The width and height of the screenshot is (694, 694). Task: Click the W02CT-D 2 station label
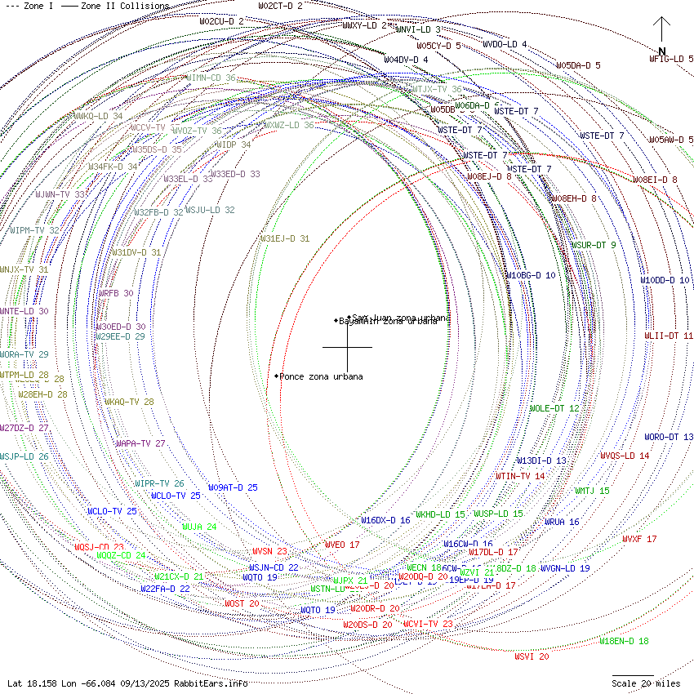(x=280, y=6)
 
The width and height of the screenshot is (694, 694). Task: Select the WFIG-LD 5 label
(x=671, y=59)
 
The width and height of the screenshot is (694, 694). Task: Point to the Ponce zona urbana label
(x=321, y=376)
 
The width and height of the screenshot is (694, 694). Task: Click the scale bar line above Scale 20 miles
(x=633, y=675)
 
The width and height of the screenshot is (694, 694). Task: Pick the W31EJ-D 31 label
(x=285, y=238)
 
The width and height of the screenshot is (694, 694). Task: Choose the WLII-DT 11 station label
(x=668, y=336)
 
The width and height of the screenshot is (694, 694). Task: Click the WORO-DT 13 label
(x=668, y=437)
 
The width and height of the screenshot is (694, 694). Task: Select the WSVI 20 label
(x=532, y=656)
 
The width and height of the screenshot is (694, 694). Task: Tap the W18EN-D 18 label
(x=624, y=642)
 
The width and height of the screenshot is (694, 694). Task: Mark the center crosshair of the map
(x=347, y=347)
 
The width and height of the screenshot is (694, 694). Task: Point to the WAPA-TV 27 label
(x=140, y=443)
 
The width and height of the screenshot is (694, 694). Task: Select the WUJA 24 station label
(x=199, y=527)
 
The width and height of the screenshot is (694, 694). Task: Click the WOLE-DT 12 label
(x=554, y=408)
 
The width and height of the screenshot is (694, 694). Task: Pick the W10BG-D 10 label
(x=530, y=275)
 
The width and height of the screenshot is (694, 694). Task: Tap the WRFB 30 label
(x=116, y=293)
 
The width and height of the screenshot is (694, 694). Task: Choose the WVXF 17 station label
(x=639, y=539)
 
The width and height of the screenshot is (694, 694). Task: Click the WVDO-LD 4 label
(x=505, y=44)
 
